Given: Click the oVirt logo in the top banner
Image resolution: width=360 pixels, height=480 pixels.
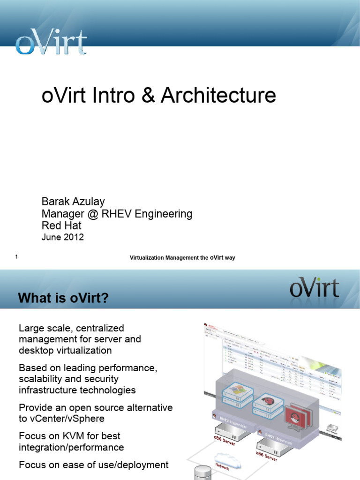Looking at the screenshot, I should pyautogui.click(x=51, y=43).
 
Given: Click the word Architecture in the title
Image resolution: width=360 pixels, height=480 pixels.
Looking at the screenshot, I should pyautogui.click(x=218, y=96).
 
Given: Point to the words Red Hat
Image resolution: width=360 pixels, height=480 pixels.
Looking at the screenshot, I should pyautogui.click(x=61, y=226).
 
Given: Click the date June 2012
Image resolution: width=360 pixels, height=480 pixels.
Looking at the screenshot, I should pyautogui.click(x=63, y=237).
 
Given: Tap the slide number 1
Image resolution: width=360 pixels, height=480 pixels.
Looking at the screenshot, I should pyautogui.click(x=16, y=257).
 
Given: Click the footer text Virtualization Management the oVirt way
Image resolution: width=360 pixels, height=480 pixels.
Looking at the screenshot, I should pyautogui.click(x=182, y=257).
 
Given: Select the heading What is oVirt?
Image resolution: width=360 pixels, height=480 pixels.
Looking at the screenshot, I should pyautogui.click(x=63, y=298).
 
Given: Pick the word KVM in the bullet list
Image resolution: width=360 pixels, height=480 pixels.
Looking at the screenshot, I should pyautogui.click(x=68, y=436).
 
